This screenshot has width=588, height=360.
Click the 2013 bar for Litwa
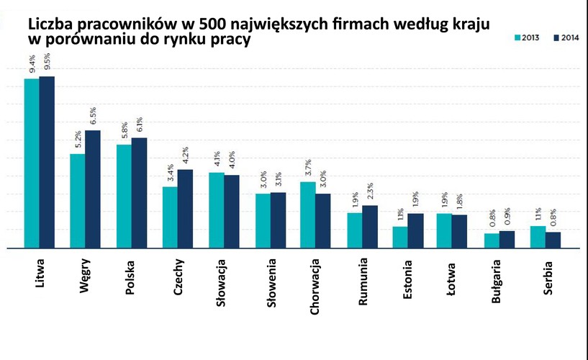coord(32,163)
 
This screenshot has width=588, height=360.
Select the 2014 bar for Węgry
coord(93,189)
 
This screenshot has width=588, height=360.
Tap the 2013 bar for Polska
coord(124,197)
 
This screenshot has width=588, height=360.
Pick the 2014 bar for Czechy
coord(185,209)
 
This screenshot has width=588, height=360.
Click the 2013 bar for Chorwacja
coord(307,215)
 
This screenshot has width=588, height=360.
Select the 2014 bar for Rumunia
coord(369,227)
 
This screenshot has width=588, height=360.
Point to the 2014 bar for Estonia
coord(415,230)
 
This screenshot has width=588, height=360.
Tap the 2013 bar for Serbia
coord(537,237)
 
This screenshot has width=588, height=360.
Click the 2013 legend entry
coord(529,37)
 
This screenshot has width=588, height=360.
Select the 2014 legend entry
coord(565,37)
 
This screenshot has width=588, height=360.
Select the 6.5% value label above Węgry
coord(93,116)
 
